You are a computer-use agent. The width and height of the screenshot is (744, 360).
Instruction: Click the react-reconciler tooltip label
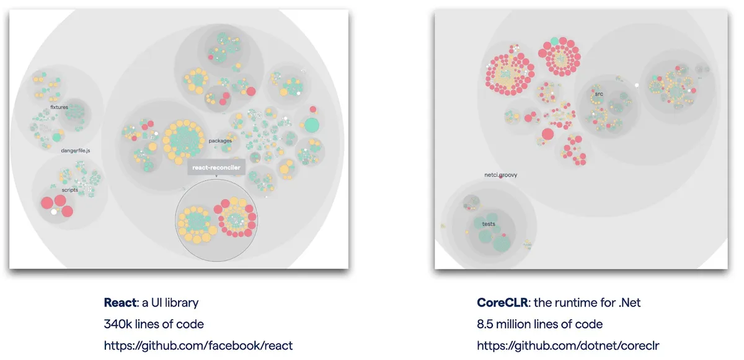coord(216,168)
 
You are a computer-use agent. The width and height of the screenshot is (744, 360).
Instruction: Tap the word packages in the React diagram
coord(220,141)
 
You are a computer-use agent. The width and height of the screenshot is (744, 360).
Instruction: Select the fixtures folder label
coord(59,107)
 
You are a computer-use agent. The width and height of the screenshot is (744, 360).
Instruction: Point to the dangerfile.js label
coord(76,151)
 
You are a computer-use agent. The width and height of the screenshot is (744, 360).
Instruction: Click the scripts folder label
coord(69,190)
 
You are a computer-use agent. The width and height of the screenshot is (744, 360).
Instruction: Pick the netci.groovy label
coord(500,175)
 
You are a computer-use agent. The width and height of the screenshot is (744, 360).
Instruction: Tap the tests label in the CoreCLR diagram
coord(489,224)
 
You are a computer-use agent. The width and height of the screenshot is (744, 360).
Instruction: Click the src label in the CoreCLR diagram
coord(598,94)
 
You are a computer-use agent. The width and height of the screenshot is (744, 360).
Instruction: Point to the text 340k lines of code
coord(154,324)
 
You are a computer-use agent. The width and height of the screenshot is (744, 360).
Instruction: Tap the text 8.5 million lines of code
coord(539,324)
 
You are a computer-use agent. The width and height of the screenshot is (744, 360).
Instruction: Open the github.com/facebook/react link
coord(198,345)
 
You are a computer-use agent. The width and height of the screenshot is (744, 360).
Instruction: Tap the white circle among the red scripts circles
coord(54,211)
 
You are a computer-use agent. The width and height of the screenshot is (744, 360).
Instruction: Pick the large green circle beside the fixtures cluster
coord(58,137)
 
